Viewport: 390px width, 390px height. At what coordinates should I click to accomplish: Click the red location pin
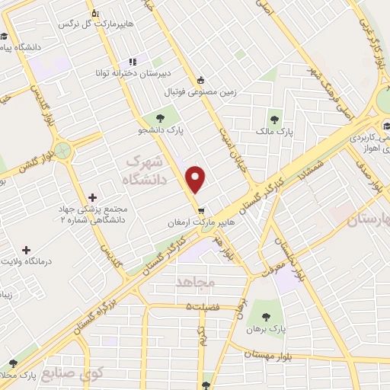pyautogui.click(x=197, y=179)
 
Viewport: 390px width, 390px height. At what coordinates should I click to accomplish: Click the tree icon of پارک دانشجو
pyautogui.click(x=161, y=117)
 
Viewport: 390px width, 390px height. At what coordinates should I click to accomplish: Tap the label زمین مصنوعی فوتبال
pyautogui.click(x=200, y=91)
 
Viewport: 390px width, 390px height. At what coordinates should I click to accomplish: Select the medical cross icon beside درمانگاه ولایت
pyautogui.click(x=27, y=250)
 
